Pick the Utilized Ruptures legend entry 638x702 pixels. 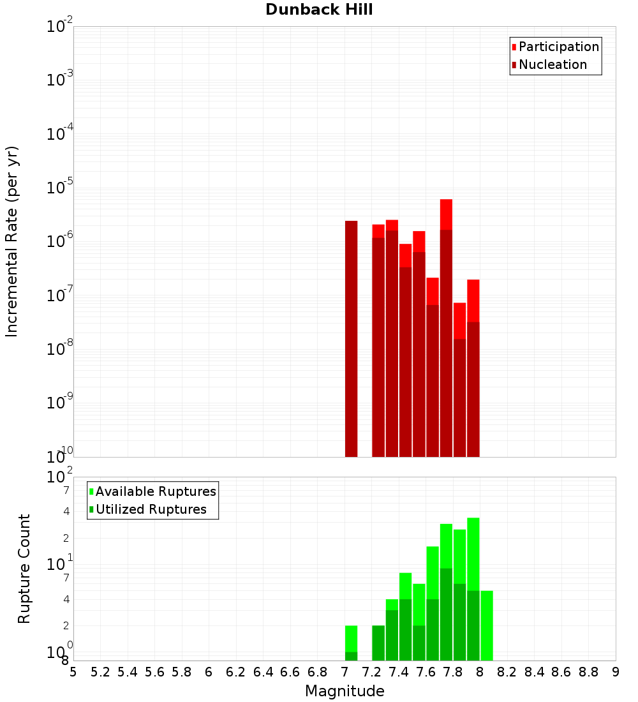point(151,510)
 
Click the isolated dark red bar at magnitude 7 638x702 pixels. point(351,338)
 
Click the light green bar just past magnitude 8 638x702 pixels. point(487,625)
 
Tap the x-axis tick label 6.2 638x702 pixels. point(235,672)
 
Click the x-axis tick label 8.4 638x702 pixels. point(534,672)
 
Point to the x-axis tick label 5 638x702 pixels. point(73,672)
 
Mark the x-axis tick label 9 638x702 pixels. point(616,672)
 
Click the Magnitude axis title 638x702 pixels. point(345,691)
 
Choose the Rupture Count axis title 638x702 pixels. point(24,568)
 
